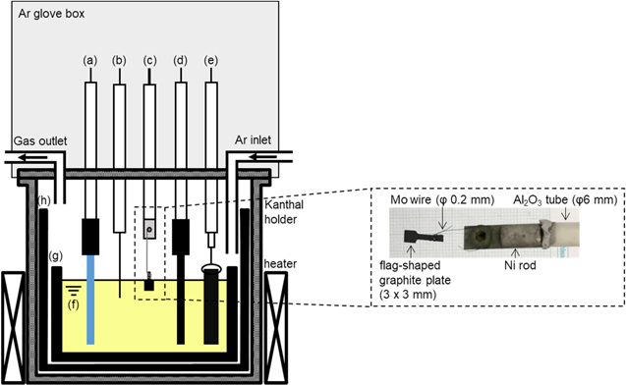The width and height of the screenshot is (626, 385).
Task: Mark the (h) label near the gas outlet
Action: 44,201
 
